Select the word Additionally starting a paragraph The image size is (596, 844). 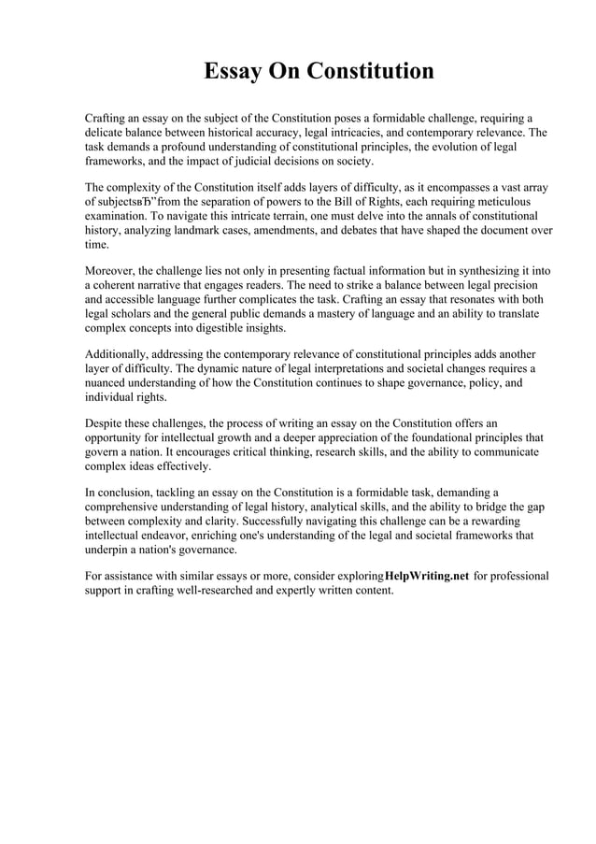point(121,354)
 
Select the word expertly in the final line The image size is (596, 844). point(312,590)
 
